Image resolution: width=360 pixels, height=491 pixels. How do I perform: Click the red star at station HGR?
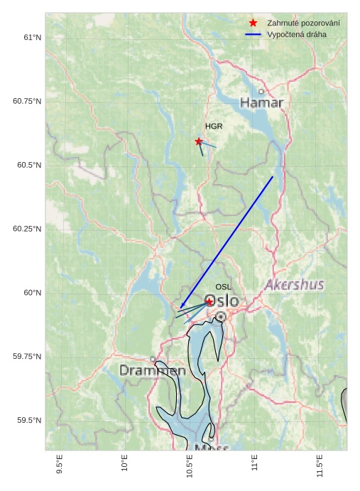tap(199, 141)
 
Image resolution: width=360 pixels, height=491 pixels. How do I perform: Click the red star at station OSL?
tap(209, 302)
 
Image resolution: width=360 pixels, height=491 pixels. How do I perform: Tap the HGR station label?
tap(214, 126)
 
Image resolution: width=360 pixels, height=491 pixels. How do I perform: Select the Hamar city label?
tap(261, 103)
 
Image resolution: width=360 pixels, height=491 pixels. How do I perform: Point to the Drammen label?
tap(152, 370)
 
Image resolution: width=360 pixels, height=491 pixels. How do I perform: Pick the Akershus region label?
tap(294, 284)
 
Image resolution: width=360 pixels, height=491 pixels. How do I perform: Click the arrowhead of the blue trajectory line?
tap(182, 306)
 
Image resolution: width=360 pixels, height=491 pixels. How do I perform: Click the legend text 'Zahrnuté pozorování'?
tap(303, 23)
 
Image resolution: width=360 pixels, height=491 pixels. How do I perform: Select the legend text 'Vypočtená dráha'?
tap(297, 35)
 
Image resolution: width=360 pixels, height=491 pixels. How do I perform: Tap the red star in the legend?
tap(253, 23)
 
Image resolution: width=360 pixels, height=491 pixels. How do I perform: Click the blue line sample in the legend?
tap(253, 35)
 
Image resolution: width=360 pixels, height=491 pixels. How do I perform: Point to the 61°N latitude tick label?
tap(31, 37)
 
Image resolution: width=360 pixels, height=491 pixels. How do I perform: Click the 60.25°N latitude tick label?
tap(27, 229)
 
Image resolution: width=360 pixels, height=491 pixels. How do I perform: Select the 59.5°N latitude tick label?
tap(29, 421)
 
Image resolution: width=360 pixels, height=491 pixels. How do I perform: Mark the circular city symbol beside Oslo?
tap(221, 316)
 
